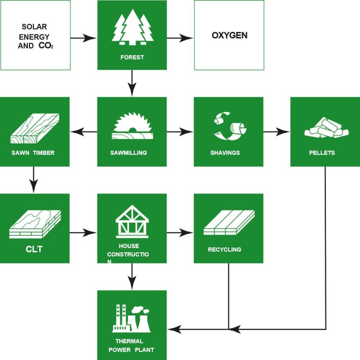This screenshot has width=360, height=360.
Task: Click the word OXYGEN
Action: coord(229,35)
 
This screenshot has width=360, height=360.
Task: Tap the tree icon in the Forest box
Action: coord(132,28)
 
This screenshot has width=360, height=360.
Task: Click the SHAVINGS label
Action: coord(225,153)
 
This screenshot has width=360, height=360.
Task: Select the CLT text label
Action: coord(34,249)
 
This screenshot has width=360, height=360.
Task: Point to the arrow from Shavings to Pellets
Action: coord(277,132)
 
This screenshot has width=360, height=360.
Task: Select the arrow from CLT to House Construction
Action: coord(83,231)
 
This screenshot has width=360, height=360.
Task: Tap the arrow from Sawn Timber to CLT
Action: coord(34,180)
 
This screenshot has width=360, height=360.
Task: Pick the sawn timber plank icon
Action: coord(34,128)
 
